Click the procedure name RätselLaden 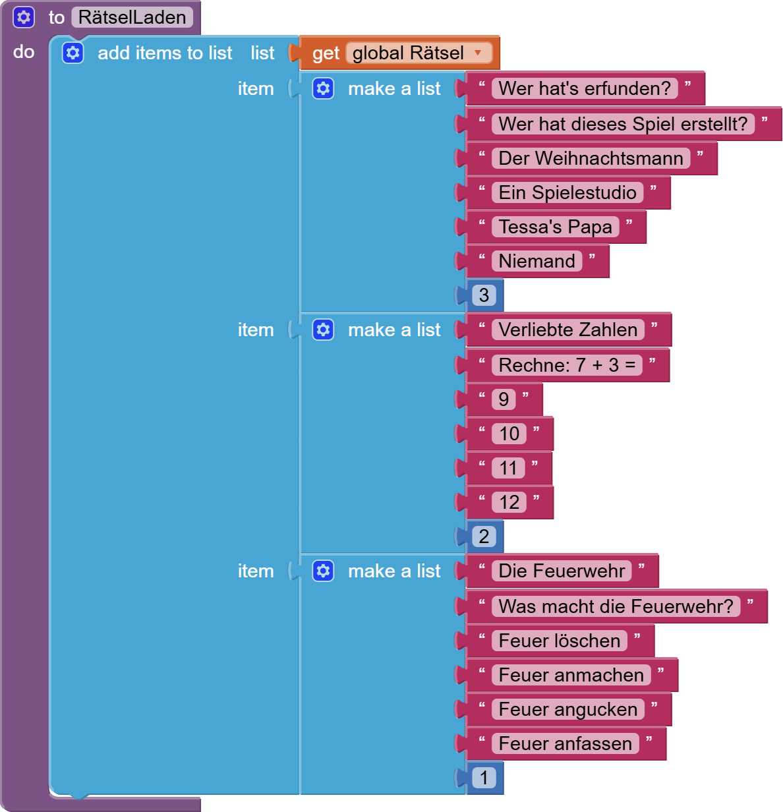click(x=132, y=17)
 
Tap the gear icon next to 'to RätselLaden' click(x=24, y=17)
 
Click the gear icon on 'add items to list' click(x=73, y=53)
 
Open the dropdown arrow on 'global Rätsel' click(x=478, y=53)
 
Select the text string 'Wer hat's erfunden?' click(x=584, y=88)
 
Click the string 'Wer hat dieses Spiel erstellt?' click(x=622, y=124)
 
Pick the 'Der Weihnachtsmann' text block click(x=591, y=158)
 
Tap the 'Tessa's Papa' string click(x=555, y=227)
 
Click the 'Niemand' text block click(x=536, y=261)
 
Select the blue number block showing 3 click(x=484, y=295)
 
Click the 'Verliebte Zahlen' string click(x=567, y=330)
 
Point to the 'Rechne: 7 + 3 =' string click(x=567, y=365)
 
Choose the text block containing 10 click(x=509, y=434)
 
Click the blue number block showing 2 click(x=484, y=536)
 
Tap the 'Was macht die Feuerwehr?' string click(x=616, y=606)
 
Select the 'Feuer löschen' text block click(x=559, y=641)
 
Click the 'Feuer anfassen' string click(x=565, y=743)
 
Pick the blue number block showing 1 click(x=484, y=778)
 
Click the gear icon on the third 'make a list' click(x=323, y=571)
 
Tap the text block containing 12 click(x=509, y=502)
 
